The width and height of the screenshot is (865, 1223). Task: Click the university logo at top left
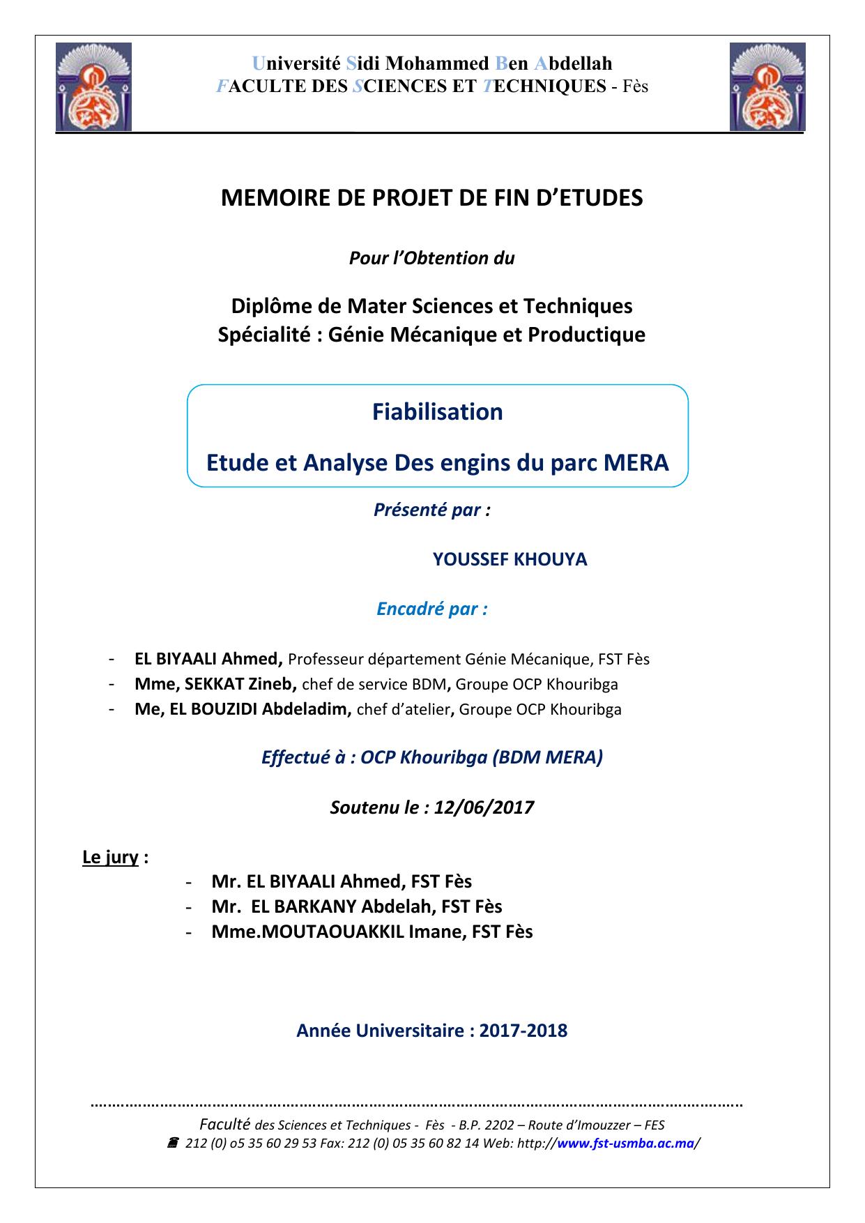(93, 87)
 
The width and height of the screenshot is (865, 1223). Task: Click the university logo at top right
(767, 87)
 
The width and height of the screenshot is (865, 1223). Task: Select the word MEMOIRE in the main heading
(266, 198)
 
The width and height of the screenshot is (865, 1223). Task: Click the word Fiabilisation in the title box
(437, 412)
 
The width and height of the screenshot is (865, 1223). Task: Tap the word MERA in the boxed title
(636, 462)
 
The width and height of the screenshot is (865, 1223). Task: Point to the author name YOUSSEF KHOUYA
(510, 559)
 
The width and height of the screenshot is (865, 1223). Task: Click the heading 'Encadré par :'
(431, 609)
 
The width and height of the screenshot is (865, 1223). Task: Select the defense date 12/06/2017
(484, 807)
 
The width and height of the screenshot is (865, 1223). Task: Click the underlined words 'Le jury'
(110, 857)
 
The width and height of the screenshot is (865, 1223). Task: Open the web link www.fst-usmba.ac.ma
(626, 1144)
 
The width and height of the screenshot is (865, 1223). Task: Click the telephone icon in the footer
(173, 1144)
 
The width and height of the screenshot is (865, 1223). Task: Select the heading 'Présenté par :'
(431, 510)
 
